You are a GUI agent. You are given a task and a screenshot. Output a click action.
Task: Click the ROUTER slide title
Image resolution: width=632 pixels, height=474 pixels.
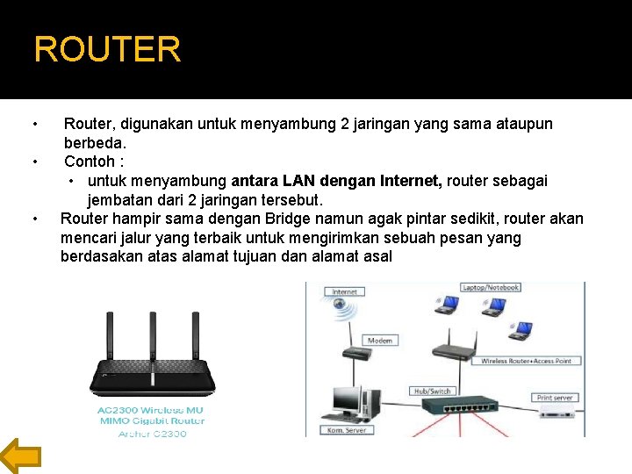click(x=107, y=49)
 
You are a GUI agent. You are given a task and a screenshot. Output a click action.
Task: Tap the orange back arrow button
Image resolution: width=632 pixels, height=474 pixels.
click(x=20, y=456)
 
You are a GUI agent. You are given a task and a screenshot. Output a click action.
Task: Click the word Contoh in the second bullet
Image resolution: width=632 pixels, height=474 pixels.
click(x=90, y=162)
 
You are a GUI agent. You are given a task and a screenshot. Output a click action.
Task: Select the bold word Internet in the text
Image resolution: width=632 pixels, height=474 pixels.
click(x=412, y=181)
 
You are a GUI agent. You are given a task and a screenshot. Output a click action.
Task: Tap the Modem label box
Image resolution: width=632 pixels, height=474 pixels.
click(x=379, y=340)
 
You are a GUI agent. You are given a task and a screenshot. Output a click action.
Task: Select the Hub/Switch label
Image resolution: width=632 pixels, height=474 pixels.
click(x=432, y=391)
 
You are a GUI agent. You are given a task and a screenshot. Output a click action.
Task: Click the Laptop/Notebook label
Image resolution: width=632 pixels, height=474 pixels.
click(x=491, y=287)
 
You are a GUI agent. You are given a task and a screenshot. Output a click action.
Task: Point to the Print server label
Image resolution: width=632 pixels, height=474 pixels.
click(x=556, y=398)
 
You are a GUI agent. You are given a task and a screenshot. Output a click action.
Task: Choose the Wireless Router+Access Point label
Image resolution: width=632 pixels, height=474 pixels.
click(x=528, y=361)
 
